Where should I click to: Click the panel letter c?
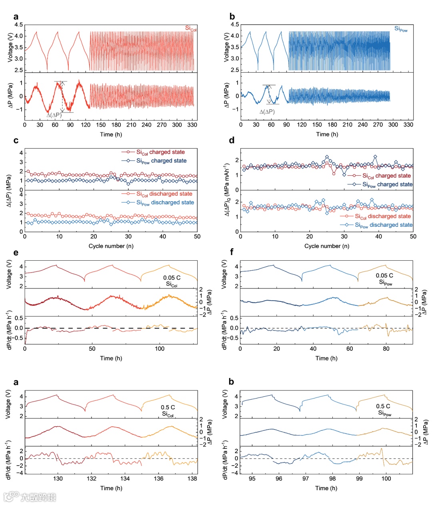(x=16, y=141)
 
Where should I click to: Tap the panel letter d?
(x=232, y=141)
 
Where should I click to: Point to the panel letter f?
(x=232, y=253)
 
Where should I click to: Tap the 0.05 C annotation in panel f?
(x=384, y=275)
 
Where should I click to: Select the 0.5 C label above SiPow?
(x=383, y=406)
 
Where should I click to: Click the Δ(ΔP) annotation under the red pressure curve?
(x=54, y=115)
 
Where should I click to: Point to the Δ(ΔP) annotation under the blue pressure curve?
(x=267, y=112)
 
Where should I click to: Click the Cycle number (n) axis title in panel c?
(x=111, y=246)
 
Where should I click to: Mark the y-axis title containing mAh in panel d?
(x=226, y=190)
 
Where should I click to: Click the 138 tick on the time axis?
(x=192, y=479)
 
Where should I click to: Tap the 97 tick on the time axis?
(x=306, y=479)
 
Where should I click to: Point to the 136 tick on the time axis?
(x=159, y=479)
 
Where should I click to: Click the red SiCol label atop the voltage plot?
(x=191, y=28)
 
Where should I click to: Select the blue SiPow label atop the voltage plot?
(x=401, y=29)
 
